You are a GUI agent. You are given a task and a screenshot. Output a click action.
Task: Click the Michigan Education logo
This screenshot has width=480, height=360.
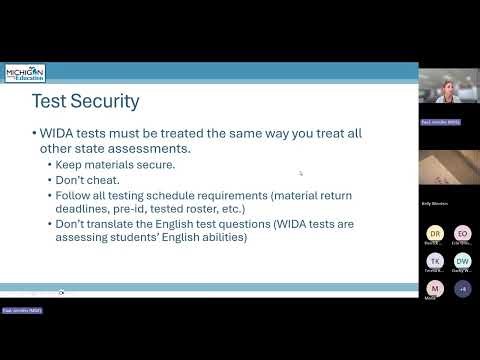pos(25,74)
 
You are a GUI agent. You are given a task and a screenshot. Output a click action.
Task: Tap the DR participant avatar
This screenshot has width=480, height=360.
pos(434,233)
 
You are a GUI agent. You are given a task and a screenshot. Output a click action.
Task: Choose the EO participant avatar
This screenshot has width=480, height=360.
pos(462,233)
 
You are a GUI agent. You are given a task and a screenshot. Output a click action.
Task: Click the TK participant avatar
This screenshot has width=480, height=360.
pos(434,260)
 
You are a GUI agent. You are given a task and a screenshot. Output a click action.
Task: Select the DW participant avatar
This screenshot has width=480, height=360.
pos(462,260)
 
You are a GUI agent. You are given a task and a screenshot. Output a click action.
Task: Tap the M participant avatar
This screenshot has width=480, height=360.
pos(434,288)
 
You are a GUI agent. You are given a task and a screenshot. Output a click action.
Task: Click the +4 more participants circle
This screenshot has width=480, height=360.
pos(462,288)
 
